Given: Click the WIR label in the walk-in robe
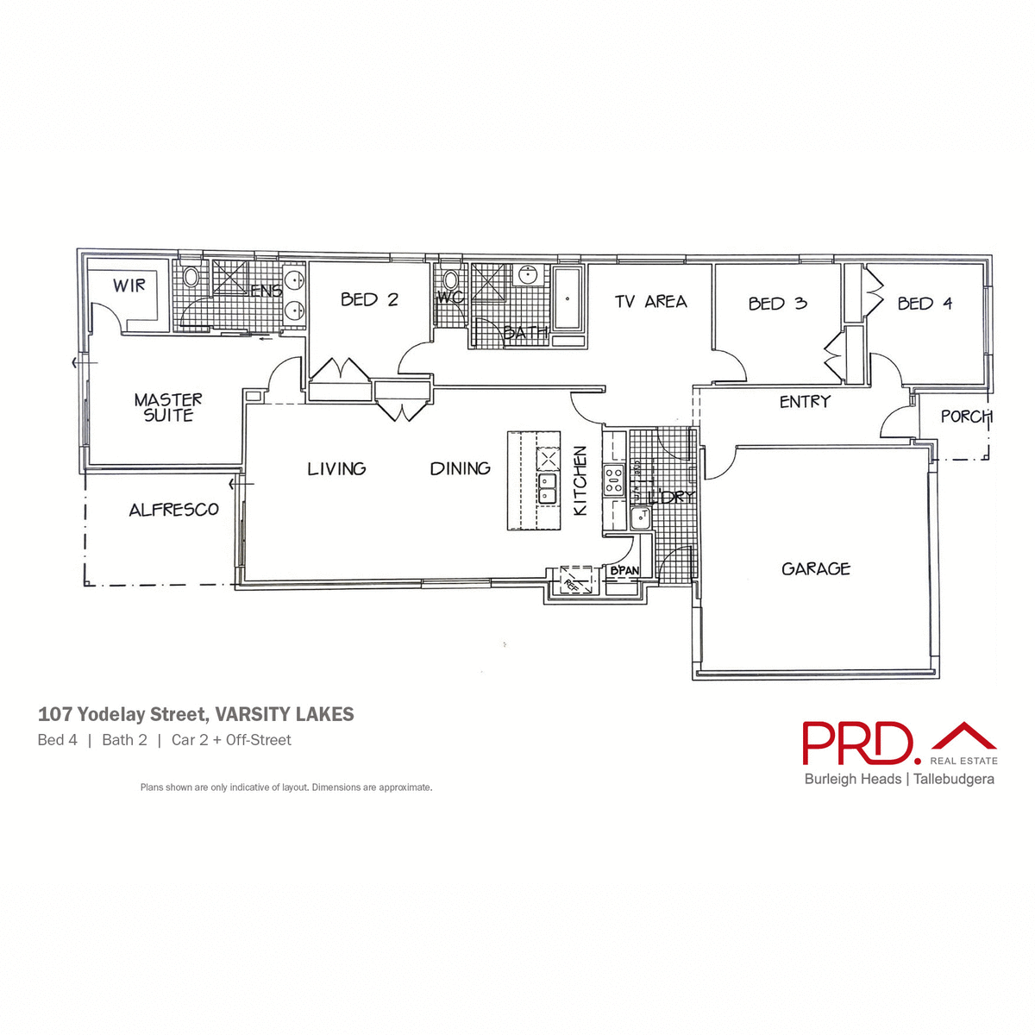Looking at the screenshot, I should tap(129, 285).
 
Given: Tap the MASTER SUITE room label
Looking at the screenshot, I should tap(168, 407).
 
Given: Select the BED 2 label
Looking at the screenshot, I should tap(369, 300).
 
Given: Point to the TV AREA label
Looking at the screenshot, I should tap(650, 302).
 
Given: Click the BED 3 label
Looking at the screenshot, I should tap(777, 304).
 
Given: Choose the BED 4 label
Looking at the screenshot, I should tap(925, 304).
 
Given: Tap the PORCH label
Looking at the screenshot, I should tap(965, 417).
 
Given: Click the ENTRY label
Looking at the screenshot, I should tap(805, 402).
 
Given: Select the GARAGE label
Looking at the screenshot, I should tap(815, 569).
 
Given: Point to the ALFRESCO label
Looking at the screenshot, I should tap(173, 510).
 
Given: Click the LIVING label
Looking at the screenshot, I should tap(336, 469).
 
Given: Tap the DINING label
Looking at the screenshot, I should tap(460, 469).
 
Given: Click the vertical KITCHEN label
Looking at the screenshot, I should tap(580, 481).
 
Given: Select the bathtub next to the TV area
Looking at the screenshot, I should tap(568, 299).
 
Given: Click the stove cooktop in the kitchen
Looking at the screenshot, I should tap(613, 480).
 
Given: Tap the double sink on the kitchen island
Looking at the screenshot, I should tap(548, 488).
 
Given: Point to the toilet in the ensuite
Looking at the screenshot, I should tap(191, 277).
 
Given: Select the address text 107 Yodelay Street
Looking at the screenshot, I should tap(122, 715).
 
